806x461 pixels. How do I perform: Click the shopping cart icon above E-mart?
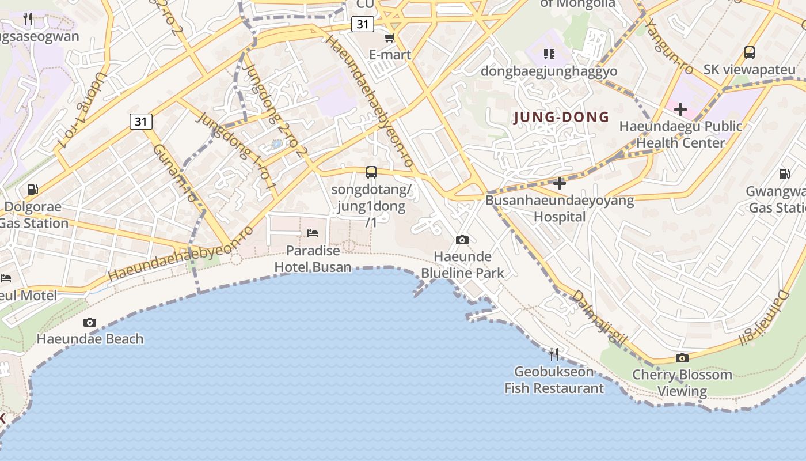coord(390,38)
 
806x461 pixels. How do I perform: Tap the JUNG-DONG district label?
coord(561,118)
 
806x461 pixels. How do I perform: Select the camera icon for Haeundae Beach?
coord(90,322)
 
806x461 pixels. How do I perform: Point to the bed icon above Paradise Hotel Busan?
coord(313,233)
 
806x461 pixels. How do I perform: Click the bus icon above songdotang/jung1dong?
coord(371,172)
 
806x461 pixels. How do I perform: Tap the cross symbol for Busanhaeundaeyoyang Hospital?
coord(560,183)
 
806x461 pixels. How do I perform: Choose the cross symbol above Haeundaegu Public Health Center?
coord(680,109)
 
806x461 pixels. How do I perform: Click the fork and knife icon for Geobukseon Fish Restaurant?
coord(554,353)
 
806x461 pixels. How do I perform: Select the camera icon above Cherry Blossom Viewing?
coord(682,358)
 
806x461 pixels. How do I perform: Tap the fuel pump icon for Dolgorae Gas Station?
coord(33,190)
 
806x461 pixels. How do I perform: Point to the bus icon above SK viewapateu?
coord(750,52)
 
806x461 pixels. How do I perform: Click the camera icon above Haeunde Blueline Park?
coord(462,240)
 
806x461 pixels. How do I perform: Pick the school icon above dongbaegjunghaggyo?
coord(549,54)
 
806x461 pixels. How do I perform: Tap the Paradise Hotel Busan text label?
coord(313,259)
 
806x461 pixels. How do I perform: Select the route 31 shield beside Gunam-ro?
coord(141,122)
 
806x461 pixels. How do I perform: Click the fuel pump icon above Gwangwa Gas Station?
coord(784,173)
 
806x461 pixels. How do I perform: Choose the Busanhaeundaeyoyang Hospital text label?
coord(560,208)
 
